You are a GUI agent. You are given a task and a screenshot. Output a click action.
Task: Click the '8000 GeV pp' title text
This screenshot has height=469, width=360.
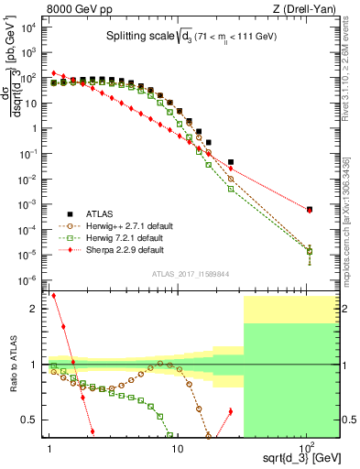80,9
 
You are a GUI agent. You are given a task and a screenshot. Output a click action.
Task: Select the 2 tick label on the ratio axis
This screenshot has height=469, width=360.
37,310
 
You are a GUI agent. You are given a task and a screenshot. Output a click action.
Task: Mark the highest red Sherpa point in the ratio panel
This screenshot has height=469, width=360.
54,296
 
